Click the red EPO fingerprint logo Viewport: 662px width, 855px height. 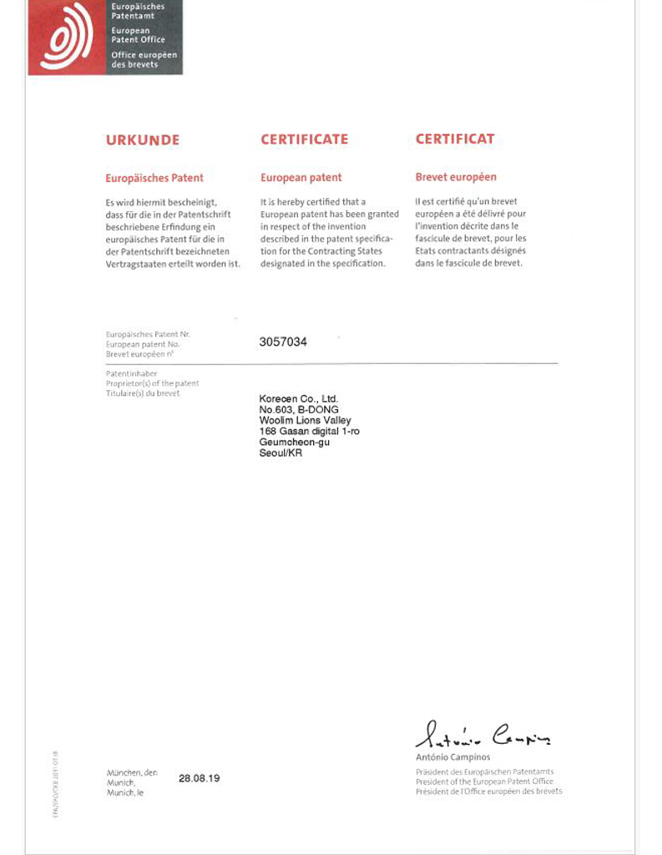pos(67,38)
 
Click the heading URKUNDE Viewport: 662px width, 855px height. pos(142,140)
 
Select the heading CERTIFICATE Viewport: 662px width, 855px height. pos(304,139)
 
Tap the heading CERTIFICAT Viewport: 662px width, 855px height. pos(455,139)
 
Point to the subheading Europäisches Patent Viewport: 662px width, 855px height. pos(154,178)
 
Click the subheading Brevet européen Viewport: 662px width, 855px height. pos(456,177)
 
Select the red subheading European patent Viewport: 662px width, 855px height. pos(301,178)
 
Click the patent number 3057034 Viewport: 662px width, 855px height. pos(283,341)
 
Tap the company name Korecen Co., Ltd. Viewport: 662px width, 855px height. pos(298,399)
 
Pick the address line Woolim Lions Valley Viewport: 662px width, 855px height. pos(306,421)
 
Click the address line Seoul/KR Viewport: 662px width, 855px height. pos(280,453)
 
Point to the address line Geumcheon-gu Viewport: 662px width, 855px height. pos(295,443)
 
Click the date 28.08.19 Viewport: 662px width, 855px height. pos(199,778)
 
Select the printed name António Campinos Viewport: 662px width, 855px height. pos(453,757)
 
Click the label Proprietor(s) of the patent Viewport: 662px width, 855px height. pos(152,383)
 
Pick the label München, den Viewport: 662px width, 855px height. pos(132,772)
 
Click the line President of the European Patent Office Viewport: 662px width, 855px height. pos(484,782)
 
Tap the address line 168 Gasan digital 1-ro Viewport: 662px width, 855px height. pos(310,432)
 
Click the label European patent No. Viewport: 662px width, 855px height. pos(143,344)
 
